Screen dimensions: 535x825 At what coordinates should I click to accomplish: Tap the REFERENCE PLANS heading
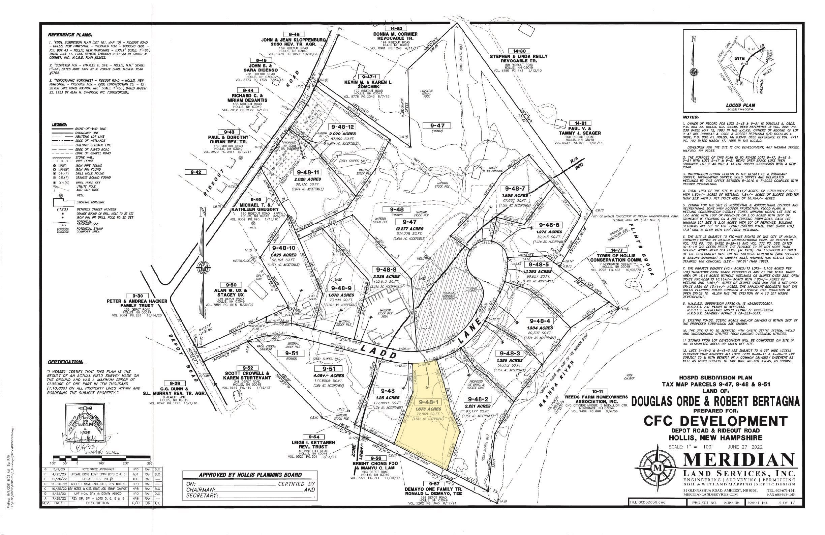(70, 35)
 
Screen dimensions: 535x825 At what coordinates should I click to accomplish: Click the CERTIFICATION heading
(65, 362)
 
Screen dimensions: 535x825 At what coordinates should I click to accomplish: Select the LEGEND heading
(60, 124)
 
